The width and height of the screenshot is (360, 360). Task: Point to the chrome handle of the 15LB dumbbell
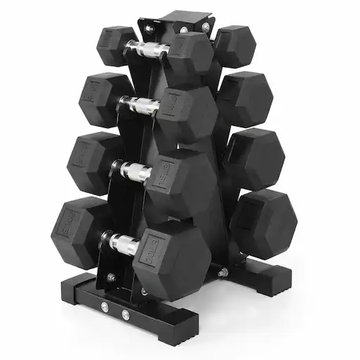tap(134, 172)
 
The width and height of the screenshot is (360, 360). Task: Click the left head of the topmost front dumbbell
tap(115, 46)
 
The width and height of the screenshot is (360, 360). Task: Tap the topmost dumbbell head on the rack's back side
tap(234, 46)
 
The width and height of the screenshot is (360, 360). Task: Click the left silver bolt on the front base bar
tap(105, 307)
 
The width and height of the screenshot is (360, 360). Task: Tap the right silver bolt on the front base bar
tap(124, 315)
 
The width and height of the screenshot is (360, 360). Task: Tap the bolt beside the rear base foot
tap(224, 272)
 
